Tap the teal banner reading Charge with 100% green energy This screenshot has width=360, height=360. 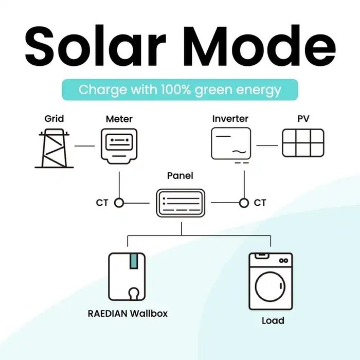(x=180, y=89)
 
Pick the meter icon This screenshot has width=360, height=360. (x=119, y=146)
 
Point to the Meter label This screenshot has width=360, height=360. (x=119, y=119)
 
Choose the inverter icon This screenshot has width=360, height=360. (x=231, y=143)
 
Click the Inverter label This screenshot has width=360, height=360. (x=230, y=119)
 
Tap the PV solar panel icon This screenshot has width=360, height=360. (x=303, y=143)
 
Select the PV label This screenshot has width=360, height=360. (x=303, y=119)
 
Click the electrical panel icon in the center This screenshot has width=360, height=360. (x=180, y=203)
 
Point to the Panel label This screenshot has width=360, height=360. (x=180, y=176)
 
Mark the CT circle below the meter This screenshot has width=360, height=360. (x=119, y=203)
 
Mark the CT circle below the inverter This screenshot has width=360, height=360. (x=244, y=203)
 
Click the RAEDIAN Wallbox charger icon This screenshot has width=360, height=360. (x=127, y=276)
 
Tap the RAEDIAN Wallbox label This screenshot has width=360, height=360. (x=127, y=313)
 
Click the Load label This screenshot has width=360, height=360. (x=273, y=321)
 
